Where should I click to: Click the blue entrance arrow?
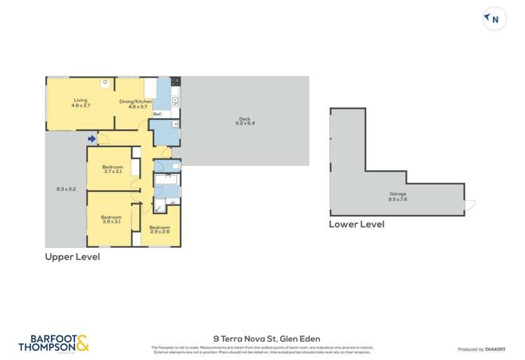(x=92, y=139)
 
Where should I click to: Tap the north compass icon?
(x=493, y=20)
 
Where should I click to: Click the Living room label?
(x=81, y=103)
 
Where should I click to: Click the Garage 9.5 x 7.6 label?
(x=398, y=196)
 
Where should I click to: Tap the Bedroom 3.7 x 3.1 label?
(x=113, y=169)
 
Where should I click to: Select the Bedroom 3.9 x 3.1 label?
(x=111, y=219)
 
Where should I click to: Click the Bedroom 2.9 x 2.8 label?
(x=160, y=230)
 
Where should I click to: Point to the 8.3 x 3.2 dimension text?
(x=66, y=189)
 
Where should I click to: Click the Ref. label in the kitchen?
(x=157, y=114)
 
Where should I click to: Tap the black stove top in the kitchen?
(x=176, y=81)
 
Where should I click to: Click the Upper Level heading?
(x=73, y=257)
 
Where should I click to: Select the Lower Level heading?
(x=356, y=225)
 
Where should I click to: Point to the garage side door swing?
(x=470, y=205)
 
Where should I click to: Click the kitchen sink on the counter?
(x=175, y=101)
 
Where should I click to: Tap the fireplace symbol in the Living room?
(x=104, y=82)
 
